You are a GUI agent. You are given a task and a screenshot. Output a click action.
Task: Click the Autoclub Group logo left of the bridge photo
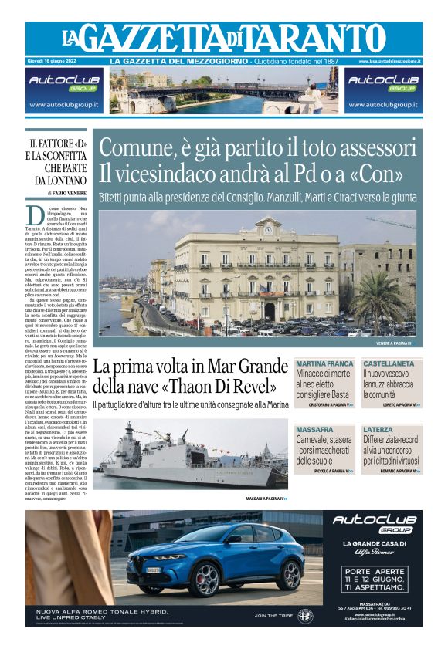click(63, 82)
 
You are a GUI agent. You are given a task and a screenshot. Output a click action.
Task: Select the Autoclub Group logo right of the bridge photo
click(384, 82)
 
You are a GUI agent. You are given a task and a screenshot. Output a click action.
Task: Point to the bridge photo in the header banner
click(223, 91)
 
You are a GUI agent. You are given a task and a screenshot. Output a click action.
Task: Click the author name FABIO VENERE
click(67, 193)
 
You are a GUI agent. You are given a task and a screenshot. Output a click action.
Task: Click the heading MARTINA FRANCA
click(324, 363)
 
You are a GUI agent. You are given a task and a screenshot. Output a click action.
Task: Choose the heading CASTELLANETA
click(392, 363)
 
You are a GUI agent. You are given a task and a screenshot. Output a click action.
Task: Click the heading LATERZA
click(378, 429)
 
